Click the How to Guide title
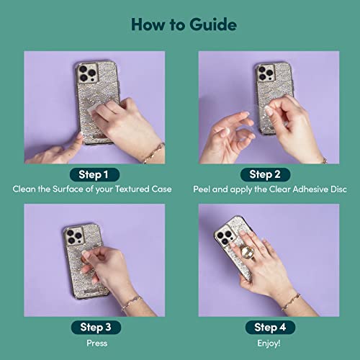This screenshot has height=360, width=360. coord(180,25)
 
